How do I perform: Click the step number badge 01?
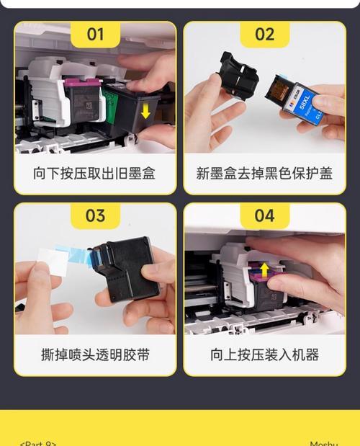pos(95,34)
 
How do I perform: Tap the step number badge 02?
pos(264,34)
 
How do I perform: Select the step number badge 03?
pos(95,215)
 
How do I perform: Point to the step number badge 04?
pos(264,215)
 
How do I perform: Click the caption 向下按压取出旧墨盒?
pos(94,174)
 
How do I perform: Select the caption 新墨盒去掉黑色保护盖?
pos(264,174)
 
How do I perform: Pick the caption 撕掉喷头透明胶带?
pos(94,354)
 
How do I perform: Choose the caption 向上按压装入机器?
pos(264,354)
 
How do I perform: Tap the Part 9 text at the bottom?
pos(37,443)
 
